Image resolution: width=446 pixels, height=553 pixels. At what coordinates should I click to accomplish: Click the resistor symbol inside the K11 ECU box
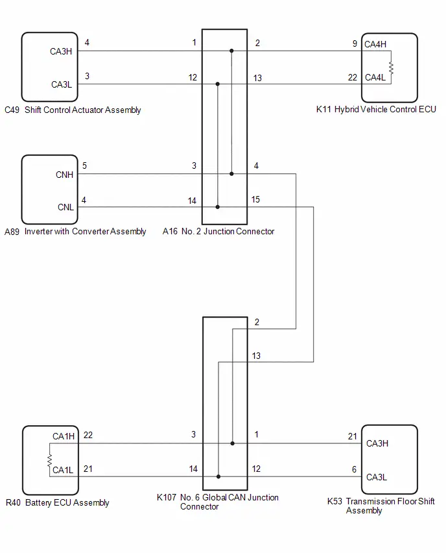(391, 68)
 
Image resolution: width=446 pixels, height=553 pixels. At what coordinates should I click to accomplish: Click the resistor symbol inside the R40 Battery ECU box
(50, 460)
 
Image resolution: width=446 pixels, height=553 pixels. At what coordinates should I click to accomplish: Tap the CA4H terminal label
(375, 44)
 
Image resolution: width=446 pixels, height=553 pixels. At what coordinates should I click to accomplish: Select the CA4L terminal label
(375, 78)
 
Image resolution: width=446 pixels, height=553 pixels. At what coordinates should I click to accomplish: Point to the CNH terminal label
(64, 175)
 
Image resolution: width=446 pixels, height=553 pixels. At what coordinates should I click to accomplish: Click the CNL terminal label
(65, 207)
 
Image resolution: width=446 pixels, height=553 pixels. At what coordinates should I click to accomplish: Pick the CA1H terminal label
(64, 436)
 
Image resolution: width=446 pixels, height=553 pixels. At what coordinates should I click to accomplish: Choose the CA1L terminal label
(63, 470)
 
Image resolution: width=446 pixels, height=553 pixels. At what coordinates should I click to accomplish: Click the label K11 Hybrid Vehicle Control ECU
(376, 109)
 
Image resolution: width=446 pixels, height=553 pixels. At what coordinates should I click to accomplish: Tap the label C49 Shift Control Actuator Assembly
(73, 110)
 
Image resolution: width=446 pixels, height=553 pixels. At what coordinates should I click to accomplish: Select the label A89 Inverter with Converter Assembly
(75, 231)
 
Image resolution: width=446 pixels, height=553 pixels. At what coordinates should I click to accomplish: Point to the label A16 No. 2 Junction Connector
(218, 231)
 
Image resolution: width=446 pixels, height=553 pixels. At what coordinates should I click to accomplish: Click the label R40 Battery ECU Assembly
(58, 502)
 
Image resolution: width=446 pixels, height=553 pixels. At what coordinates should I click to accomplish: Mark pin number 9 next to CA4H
(355, 43)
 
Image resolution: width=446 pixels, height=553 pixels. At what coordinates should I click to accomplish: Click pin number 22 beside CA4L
(353, 78)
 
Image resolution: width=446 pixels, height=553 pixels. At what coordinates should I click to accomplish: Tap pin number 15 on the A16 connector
(255, 200)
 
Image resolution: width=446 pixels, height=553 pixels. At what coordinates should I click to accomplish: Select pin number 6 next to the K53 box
(354, 469)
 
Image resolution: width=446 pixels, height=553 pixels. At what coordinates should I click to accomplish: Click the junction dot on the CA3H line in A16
(231, 51)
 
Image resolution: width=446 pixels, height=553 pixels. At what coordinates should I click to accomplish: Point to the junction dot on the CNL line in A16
(218, 207)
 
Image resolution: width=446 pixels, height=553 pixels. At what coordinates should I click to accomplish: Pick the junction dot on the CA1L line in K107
(218, 476)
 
